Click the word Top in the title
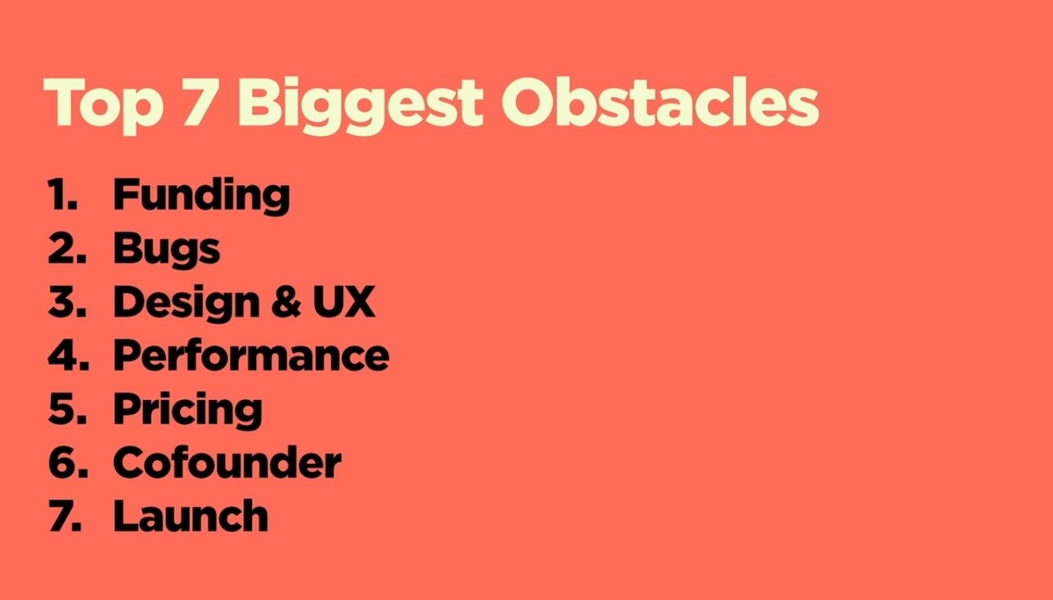[104, 106]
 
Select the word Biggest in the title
[361, 106]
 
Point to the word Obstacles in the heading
[661, 102]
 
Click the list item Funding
[202, 196]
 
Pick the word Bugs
[167, 249]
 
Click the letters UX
[344, 302]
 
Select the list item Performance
[252, 355]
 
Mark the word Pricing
[188, 410]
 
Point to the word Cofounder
[227, 462]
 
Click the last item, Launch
[191, 516]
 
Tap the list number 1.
[62, 194]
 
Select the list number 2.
[68, 247]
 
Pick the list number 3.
[68, 302]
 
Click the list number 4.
[68, 354]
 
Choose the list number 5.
[68, 408]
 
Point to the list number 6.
[68, 462]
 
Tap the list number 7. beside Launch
[65, 516]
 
